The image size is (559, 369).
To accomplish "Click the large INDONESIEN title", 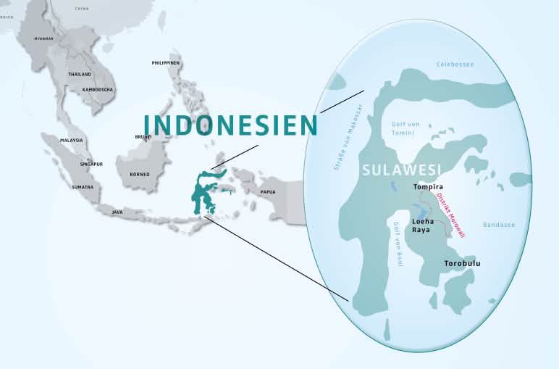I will tap(230, 125).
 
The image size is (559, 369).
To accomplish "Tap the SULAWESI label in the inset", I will tap(400, 170).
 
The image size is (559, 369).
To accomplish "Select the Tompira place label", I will tap(427, 186).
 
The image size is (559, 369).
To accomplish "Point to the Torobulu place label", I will tap(462, 263).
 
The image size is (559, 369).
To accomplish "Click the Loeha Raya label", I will tap(423, 224).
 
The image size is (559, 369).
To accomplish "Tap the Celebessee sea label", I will tap(455, 65).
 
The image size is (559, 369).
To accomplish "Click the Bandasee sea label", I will tap(498, 225).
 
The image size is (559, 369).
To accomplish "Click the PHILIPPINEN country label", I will tap(165, 63).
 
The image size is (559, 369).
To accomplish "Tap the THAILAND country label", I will tap(80, 75).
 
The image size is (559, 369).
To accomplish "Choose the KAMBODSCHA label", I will tap(98, 89).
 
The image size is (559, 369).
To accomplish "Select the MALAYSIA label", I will tap(72, 140).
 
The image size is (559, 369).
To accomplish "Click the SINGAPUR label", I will tap(91, 164).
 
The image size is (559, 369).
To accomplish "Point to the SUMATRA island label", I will tap(82, 187).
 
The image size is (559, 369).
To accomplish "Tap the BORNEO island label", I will tap(139, 174).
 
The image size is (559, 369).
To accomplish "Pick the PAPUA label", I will tap(268, 191).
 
